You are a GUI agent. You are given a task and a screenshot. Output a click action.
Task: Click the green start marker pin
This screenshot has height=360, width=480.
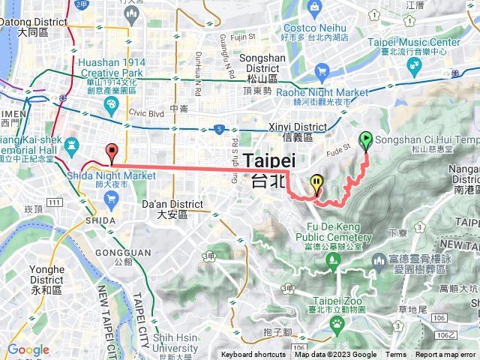366,139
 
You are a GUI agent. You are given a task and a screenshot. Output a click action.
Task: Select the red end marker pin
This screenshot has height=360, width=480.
112,150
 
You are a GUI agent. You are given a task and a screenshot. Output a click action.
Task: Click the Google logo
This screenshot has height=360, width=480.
28,349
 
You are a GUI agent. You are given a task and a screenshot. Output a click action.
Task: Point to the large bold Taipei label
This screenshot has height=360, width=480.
269,160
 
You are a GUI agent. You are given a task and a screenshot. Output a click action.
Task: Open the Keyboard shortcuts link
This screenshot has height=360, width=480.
254,355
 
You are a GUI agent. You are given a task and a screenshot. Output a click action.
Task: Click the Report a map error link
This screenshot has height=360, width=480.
445,355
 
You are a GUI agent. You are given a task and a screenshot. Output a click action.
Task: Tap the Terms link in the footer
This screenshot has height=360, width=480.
396,355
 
